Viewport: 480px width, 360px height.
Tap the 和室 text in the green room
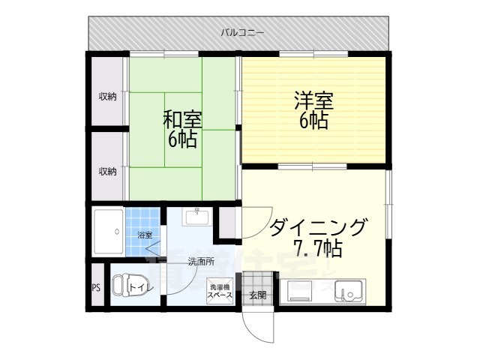point(182,119)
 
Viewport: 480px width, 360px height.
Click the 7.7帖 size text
point(317,247)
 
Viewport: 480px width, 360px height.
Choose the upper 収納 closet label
point(108,96)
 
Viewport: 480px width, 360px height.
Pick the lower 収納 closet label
point(108,171)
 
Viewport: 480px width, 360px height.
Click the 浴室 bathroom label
point(145,235)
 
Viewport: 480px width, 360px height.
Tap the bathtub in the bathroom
point(108,232)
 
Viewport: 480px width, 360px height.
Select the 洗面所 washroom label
point(200,262)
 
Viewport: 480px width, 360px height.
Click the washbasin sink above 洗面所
point(196,218)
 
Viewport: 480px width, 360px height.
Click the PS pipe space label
point(96,287)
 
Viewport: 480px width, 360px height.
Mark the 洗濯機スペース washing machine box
point(220,292)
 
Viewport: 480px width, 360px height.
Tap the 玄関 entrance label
point(257,295)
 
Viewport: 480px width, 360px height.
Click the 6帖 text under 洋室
point(313,121)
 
